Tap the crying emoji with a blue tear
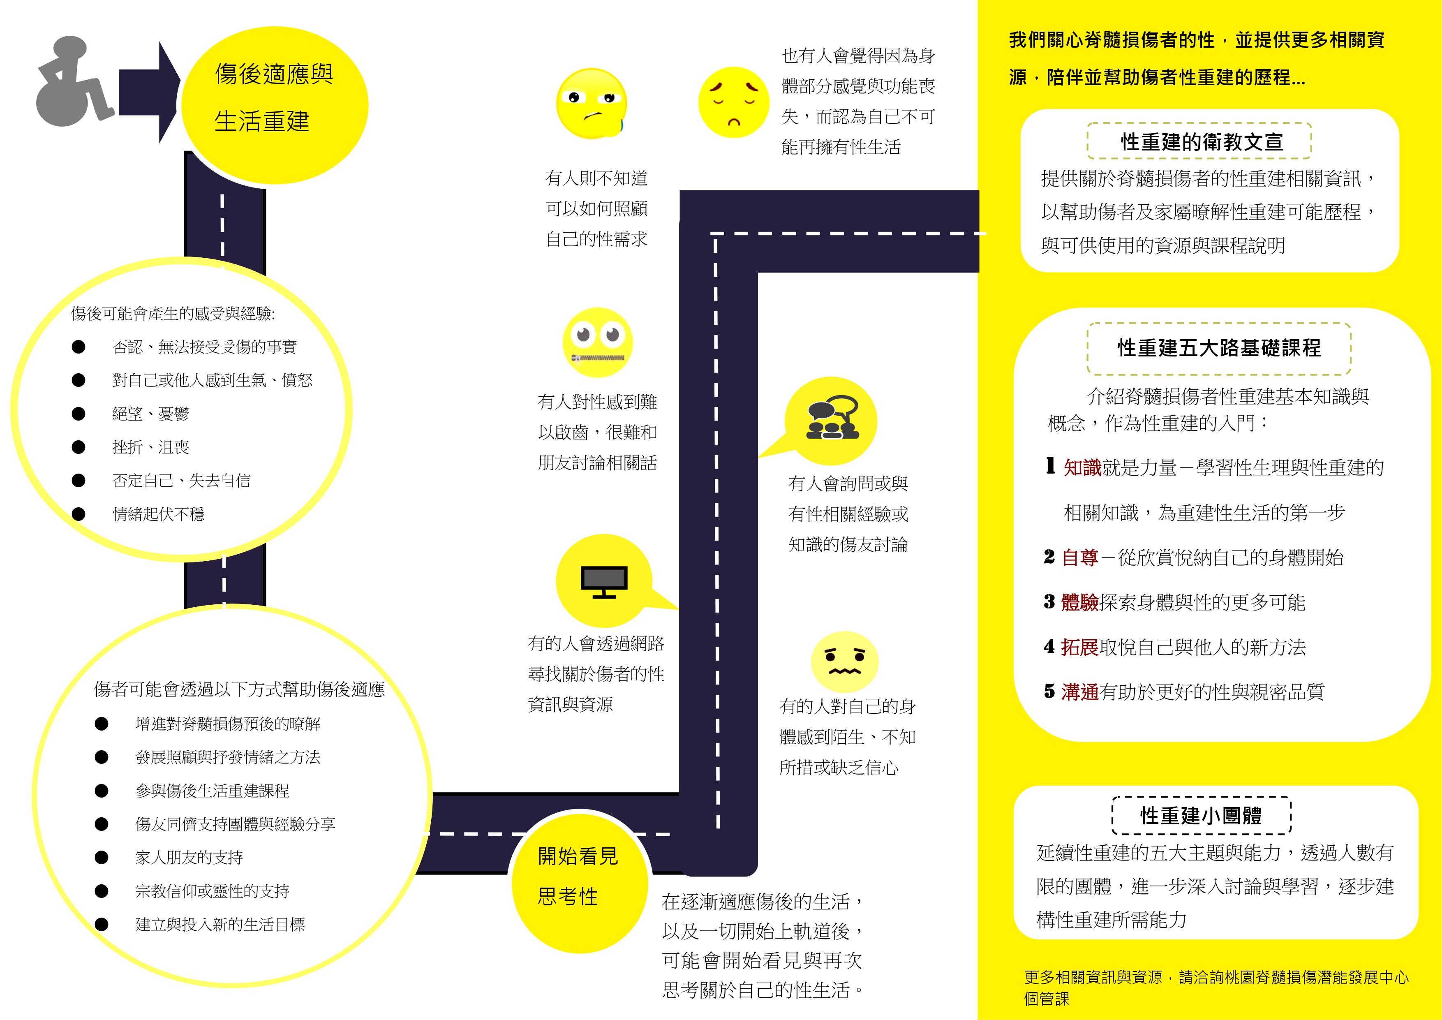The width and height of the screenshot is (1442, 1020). (592, 104)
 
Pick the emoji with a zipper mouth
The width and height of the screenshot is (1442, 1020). (597, 342)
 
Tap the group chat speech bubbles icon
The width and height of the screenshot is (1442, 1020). (833, 418)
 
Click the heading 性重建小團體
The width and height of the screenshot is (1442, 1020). (1201, 815)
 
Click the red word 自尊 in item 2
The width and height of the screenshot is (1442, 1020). (1079, 557)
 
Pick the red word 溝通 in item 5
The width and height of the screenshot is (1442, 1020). (1079, 692)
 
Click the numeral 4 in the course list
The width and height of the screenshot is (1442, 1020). (1049, 646)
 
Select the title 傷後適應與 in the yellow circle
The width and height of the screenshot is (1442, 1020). (274, 74)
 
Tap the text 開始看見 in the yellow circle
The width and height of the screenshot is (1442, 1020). (578, 856)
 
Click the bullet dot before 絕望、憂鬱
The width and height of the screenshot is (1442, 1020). (79, 413)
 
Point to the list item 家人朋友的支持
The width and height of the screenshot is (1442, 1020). (189, 857)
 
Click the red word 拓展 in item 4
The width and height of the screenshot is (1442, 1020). (1079, 647)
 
